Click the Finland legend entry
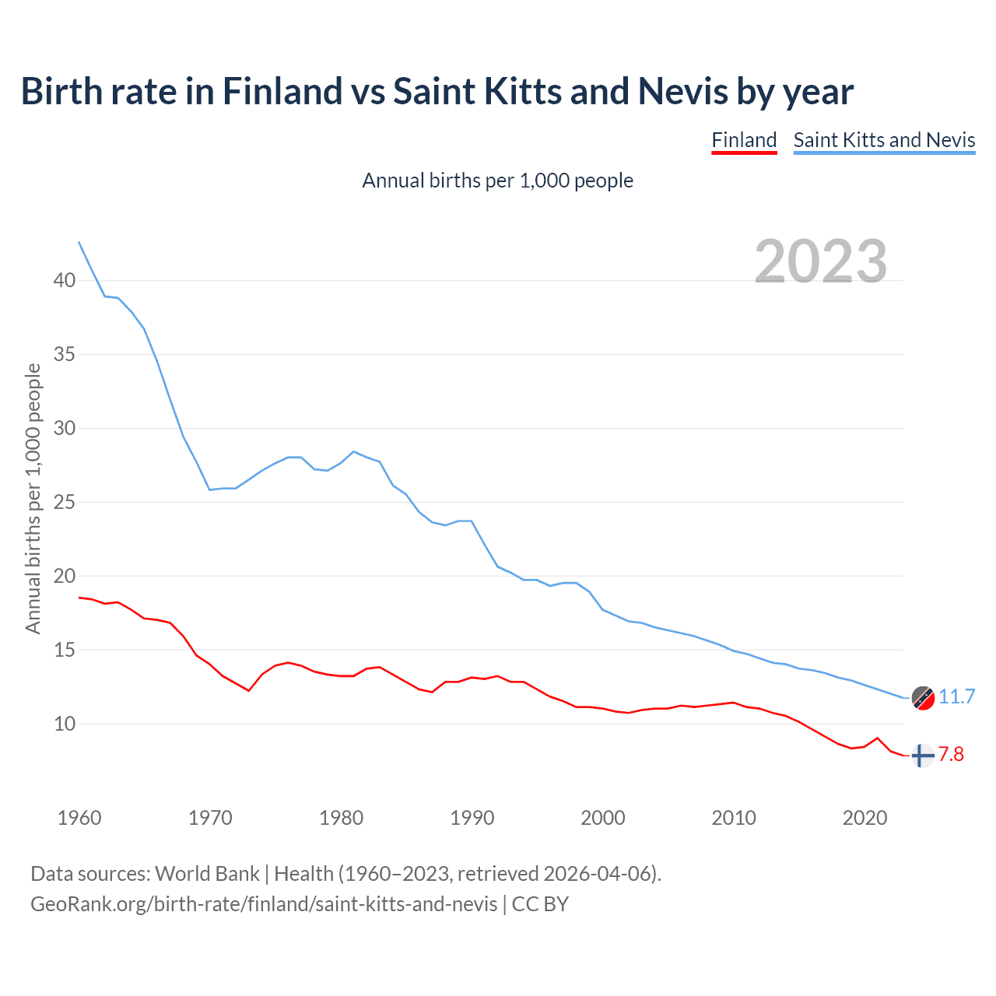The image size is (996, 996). point(744,140)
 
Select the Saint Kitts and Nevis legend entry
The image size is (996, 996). point(884,140)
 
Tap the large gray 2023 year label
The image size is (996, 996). point(821,261)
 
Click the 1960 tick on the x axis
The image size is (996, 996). point(79,818)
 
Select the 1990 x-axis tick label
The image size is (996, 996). point(472,818)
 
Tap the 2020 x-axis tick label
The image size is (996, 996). point(864,818)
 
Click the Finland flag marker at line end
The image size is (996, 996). point(922,756)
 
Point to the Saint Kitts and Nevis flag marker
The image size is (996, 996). point(923,698)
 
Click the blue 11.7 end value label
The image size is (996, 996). point(956,696)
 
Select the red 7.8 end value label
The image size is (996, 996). point(951,754)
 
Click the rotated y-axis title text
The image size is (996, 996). point(33,498)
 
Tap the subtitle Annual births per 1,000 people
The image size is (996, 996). point(498,181)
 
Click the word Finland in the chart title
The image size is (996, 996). point(282,91)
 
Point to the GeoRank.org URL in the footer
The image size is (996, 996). point(264,904)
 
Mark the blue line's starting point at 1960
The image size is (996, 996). point(79,242)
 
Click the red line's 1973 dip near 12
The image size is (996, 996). point(249,690)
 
